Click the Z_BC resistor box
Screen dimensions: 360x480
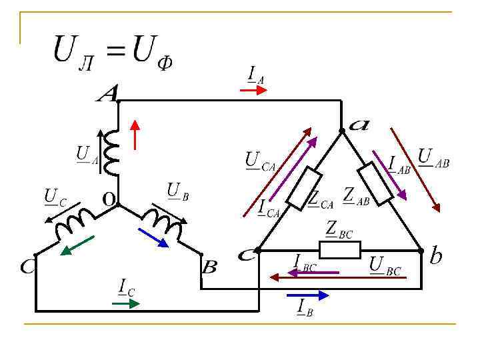(x=340, y=250)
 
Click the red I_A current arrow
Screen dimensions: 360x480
(x=253, y=89)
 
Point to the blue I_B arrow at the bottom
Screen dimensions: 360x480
(x=307, y=295)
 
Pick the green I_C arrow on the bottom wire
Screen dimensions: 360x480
(x=126, y=303)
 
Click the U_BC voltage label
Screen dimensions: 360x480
(x=385, y=265)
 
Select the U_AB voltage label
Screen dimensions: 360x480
(x=433, y=159)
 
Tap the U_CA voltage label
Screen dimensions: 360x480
(x=260, y=161)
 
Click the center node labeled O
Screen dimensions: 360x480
(x=107, y=198)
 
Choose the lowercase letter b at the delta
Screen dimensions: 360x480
(x=436, y=256)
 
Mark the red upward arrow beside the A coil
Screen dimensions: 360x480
(x=135, y=134)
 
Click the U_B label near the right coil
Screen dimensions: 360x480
(x=178, y=191)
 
